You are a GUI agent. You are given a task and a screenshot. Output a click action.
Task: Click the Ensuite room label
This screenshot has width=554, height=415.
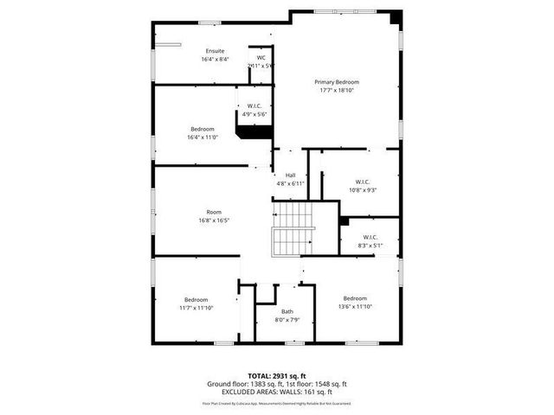215,51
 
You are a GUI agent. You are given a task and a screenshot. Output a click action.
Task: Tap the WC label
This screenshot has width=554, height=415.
261,58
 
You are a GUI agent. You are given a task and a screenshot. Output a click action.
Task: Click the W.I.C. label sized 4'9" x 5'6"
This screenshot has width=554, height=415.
254,106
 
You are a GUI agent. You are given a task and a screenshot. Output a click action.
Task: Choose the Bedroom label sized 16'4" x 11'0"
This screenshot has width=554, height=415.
203,129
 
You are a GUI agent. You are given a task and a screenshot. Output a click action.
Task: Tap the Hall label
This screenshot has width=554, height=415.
291,176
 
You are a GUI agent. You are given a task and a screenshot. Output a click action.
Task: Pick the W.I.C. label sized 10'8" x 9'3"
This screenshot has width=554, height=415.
362,182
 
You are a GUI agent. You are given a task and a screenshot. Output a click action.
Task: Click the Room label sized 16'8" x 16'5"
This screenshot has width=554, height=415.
213,212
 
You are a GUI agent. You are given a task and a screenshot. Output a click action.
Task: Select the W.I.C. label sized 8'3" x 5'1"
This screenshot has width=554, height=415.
370,237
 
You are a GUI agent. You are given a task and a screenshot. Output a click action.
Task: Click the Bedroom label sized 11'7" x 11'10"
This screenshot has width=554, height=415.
196,299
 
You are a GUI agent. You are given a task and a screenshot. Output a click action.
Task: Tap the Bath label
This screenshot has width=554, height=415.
287,312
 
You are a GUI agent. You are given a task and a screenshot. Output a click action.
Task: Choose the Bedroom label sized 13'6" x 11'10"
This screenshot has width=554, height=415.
355,298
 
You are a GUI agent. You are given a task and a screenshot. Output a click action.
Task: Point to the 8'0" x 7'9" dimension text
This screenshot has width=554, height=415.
287,320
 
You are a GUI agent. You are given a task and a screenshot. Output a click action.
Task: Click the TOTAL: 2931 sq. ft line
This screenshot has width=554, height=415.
276,375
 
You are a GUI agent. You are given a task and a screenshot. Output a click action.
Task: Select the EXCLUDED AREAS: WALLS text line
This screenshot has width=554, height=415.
276,392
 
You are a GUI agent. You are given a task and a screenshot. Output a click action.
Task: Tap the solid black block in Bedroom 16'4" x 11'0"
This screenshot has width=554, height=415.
255,131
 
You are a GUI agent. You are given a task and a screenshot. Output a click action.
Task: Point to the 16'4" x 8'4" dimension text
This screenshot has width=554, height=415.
215,59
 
